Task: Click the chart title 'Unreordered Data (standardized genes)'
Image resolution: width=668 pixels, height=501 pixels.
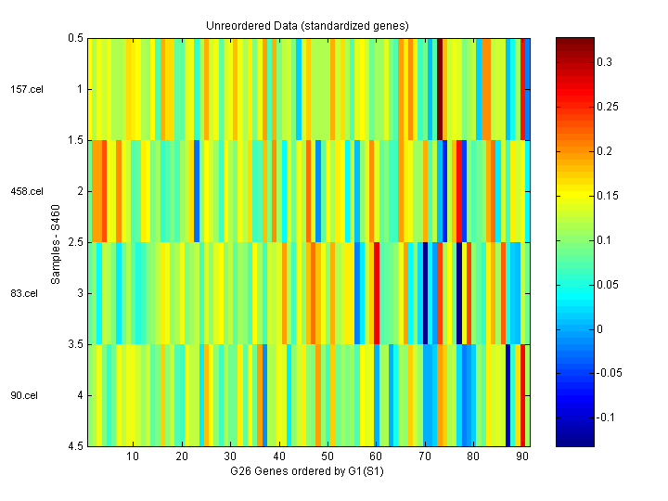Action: coord(307,25)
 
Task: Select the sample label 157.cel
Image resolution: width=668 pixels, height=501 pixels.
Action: coord(26,90)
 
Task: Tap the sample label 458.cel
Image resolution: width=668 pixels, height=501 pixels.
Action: coord(26,192)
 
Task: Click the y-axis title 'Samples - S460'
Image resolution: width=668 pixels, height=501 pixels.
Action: coord(56,243)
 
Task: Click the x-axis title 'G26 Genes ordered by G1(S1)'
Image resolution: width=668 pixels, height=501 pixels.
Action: coord(308,472)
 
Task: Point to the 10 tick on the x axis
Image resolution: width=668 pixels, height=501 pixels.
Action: coord(133,456)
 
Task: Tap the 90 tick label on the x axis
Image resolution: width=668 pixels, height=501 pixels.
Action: coord(521,456)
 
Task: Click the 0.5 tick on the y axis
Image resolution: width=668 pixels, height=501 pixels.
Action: coord(75,38)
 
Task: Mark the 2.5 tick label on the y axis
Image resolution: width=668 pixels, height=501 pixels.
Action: coord(75,242)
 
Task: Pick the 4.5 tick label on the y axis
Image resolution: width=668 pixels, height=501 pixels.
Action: coord(75,446)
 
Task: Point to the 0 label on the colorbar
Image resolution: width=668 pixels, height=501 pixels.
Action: coord(599,328)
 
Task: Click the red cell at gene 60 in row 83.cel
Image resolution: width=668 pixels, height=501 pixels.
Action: coord(376,293)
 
